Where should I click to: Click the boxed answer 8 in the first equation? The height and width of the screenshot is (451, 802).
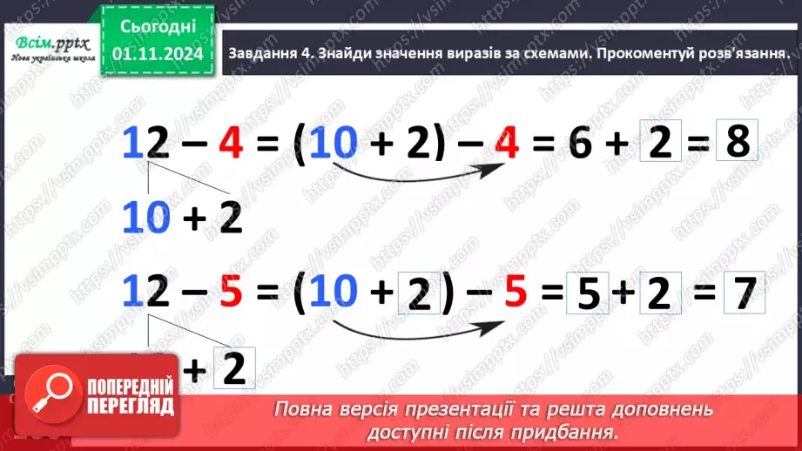tap(737, 141)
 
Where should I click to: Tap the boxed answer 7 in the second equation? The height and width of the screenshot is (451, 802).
tap(743, 296)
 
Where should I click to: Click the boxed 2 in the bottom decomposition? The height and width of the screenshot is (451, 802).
tap(232, 371)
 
